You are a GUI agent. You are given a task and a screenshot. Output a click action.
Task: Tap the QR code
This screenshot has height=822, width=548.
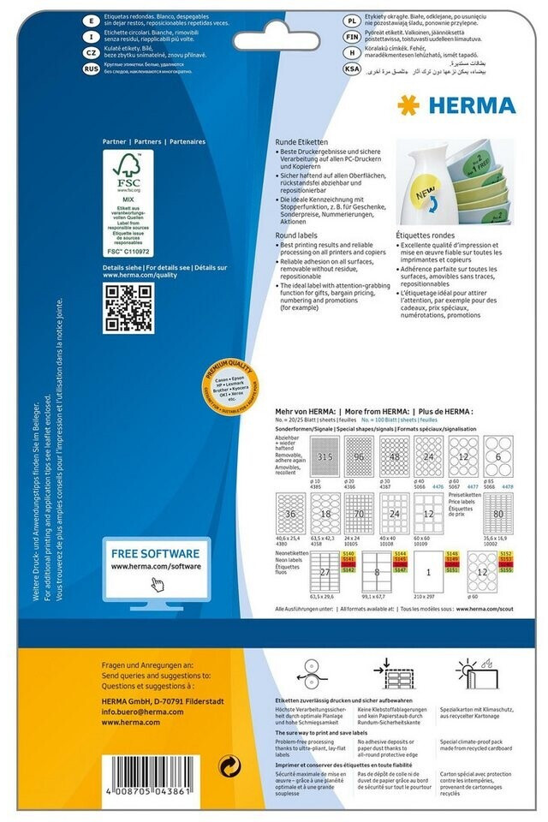coord(128,308)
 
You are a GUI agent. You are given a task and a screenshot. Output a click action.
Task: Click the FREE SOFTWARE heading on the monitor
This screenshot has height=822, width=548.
coord(155,553)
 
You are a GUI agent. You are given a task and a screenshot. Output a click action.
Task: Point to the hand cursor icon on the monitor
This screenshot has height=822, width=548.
coord(157,584)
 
